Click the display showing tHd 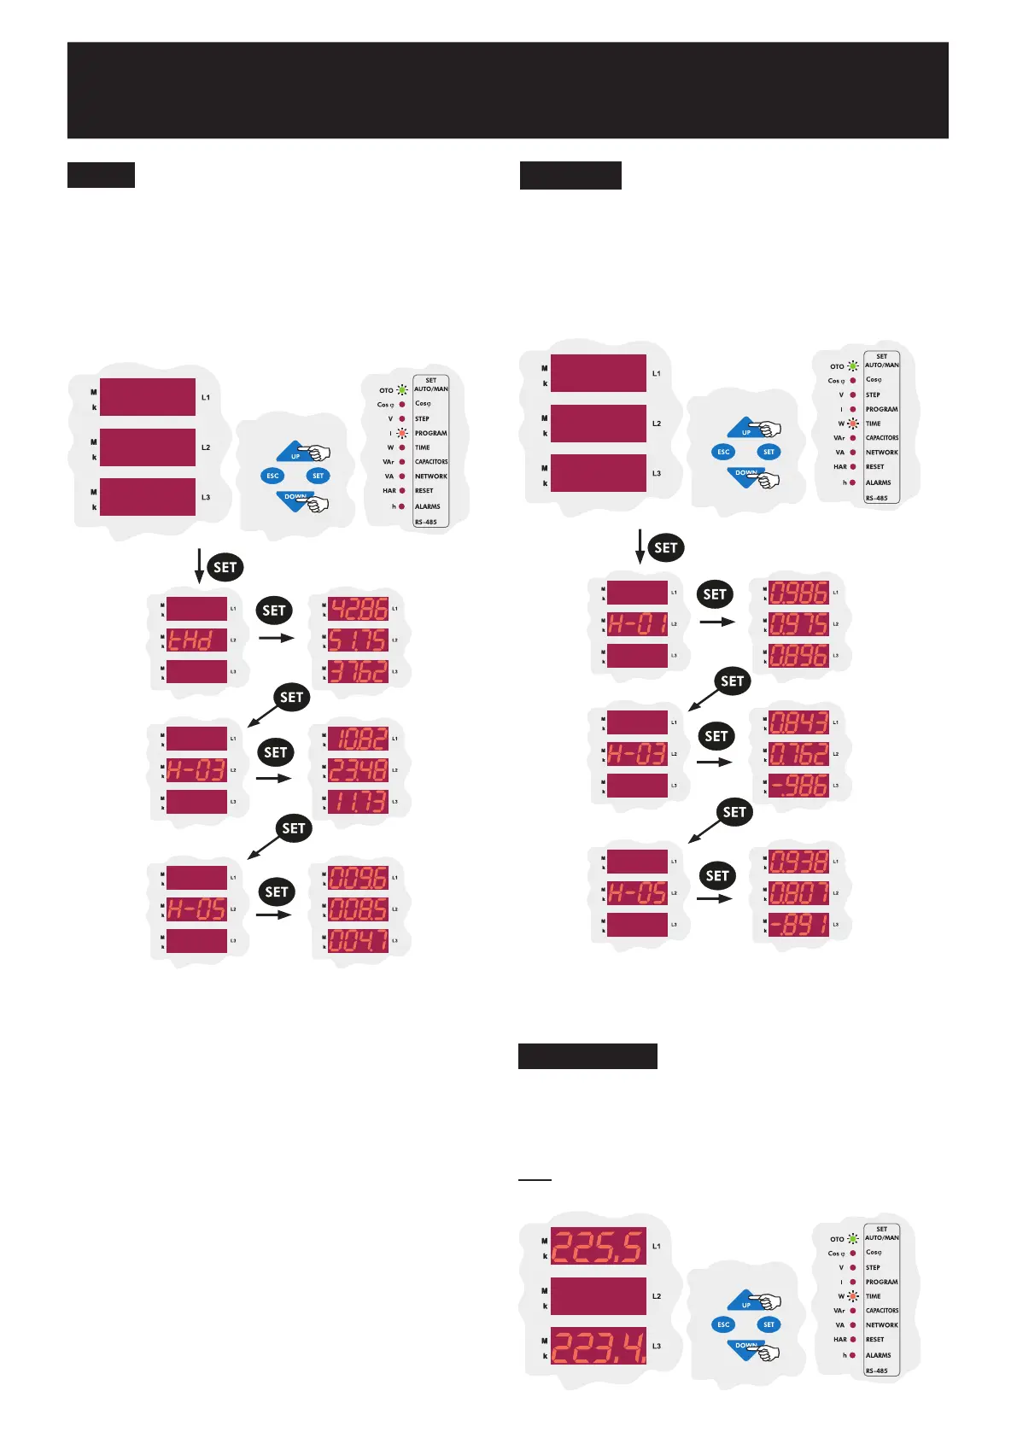pyautogui.click(x=196, y=640)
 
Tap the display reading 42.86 pyautogui.click(x=359, y=609)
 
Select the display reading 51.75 pyautogui.click(x=359, y=640)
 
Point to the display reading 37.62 pyautogui.click(x=359, y=672)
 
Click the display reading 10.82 pyautogui.click(x=359, y=739)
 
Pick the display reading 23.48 pyautogui.click(x=359, y=770)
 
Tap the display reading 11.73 pyautogui.click(x=359, y=802)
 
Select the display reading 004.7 pyautogui.click(x=359, y=941)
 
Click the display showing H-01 pyautogui.click(x=637, y=624)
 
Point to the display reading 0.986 pyautogui.click(x=799, y=593)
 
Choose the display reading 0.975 pyautogui.click(x=799, y=624)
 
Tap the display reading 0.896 pyautogui.click(x=799, y=656)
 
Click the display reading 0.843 pyautogui.click(x=799, y=722)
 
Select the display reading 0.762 pyautogui.click(x=799, y=754)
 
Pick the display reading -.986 pyautogui.click(x=799, y=786)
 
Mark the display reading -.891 pyautogui.click(x=799, y=925)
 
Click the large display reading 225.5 pyautogui.click(x=598, y=1247)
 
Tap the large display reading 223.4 pyautogui.click(x=598, y=1346)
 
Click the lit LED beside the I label pyautogui.click(x=401, y=434)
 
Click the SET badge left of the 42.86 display pyautogui.click(x=274, y=611)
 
